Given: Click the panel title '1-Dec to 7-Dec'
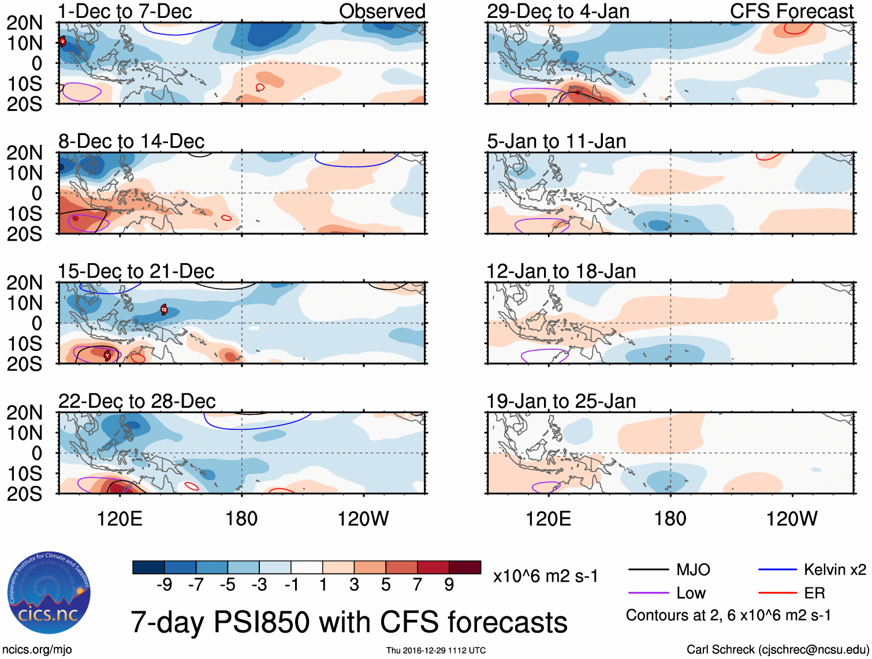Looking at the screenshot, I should (125, 11).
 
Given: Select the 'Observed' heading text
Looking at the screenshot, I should (382, 11).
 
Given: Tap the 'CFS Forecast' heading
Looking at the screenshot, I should (791, 11).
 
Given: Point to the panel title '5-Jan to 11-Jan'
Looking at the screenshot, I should (556, 141).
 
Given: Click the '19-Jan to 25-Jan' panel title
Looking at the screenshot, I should (561, 401).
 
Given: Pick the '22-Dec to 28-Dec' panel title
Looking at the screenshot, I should (137, 401).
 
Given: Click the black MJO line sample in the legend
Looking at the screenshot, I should (648, 570).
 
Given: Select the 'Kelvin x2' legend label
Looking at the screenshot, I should (834, 570).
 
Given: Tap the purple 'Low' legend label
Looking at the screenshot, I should (691, 593).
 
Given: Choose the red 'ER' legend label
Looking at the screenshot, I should (814, 593).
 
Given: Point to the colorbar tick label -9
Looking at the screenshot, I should (164, 585).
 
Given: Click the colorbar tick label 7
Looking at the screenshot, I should (418, 585).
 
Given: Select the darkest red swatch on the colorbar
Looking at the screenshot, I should (465, 567).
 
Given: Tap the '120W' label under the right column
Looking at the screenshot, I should (791, 519).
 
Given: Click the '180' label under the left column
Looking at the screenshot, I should (241, 519).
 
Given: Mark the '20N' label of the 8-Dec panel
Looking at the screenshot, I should (24, 153).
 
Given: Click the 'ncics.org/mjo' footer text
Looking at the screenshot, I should (37, 650).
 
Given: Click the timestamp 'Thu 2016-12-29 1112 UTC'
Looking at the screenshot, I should (436, 650).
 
